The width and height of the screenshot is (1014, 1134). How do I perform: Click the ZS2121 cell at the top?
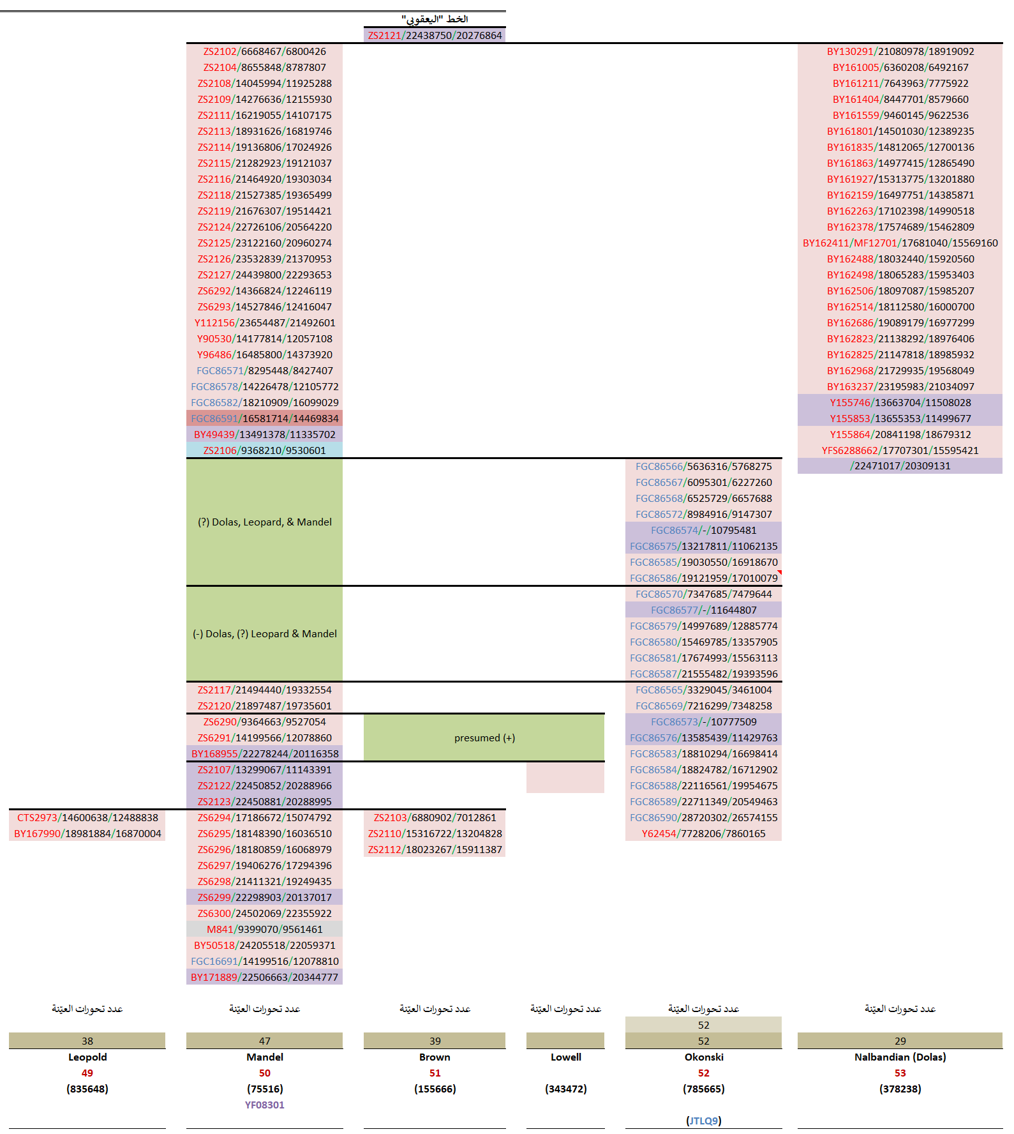tap(435, 36)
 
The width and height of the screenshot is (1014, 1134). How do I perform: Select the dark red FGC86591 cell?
tap(264, 419)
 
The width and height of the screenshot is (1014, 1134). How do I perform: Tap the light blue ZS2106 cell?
tap(264, 451)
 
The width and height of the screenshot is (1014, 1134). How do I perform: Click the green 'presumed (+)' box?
tap(484, 738)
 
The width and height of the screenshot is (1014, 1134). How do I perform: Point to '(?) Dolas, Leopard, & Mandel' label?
tap(264, 522)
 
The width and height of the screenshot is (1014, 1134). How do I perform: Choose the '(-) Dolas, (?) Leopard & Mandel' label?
tap(264, 634)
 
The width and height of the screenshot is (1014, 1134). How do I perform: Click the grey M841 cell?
tap(264, 930)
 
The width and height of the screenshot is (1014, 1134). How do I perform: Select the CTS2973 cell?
tap(87, 818)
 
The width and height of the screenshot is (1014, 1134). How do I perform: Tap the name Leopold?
tap(87, 1057)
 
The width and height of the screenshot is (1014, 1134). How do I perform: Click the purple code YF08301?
tap(264, 1105)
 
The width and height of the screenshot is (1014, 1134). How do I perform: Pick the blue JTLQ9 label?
tap(703, 1121)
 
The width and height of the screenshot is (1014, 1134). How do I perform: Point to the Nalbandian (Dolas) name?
tap(900, 1057)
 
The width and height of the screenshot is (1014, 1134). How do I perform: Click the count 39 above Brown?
tap(435, 1041)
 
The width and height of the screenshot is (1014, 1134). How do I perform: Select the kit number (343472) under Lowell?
tap(565, 1089)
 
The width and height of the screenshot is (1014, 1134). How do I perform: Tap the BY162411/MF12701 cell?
tap(900, 243)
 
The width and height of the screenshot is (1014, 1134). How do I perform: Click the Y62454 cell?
tap(703, 834)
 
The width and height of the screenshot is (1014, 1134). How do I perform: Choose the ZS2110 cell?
tap(435, 834)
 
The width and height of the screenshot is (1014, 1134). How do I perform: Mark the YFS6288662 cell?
tap(900, 451)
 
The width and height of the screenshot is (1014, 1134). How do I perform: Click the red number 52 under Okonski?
tap(703, 1073)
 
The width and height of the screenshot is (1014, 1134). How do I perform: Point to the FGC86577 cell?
tap(703, 610)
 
